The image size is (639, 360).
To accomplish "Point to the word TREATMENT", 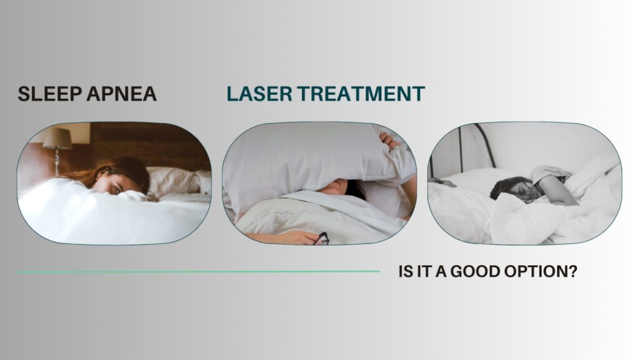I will point(361,94).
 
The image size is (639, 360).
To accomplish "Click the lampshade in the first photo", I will point(56,139).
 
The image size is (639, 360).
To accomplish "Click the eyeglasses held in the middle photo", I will point(323,238).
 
